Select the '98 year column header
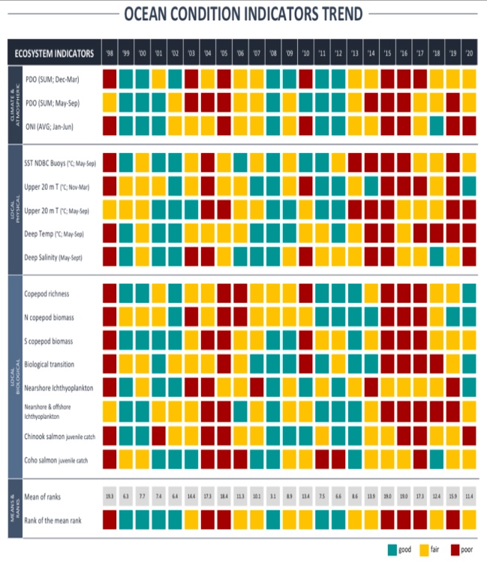click(x=110, y=53)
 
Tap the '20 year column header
click(x=470, y=53)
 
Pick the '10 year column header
click(x=306, y=53)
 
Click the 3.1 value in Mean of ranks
click(x=273, y=496)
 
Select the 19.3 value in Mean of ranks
click(x=110, y=496)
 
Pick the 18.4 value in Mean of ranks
click(x=224, y=496)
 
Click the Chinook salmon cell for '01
click(x=159, y=434)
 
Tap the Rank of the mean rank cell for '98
click(x=110, y=518)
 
